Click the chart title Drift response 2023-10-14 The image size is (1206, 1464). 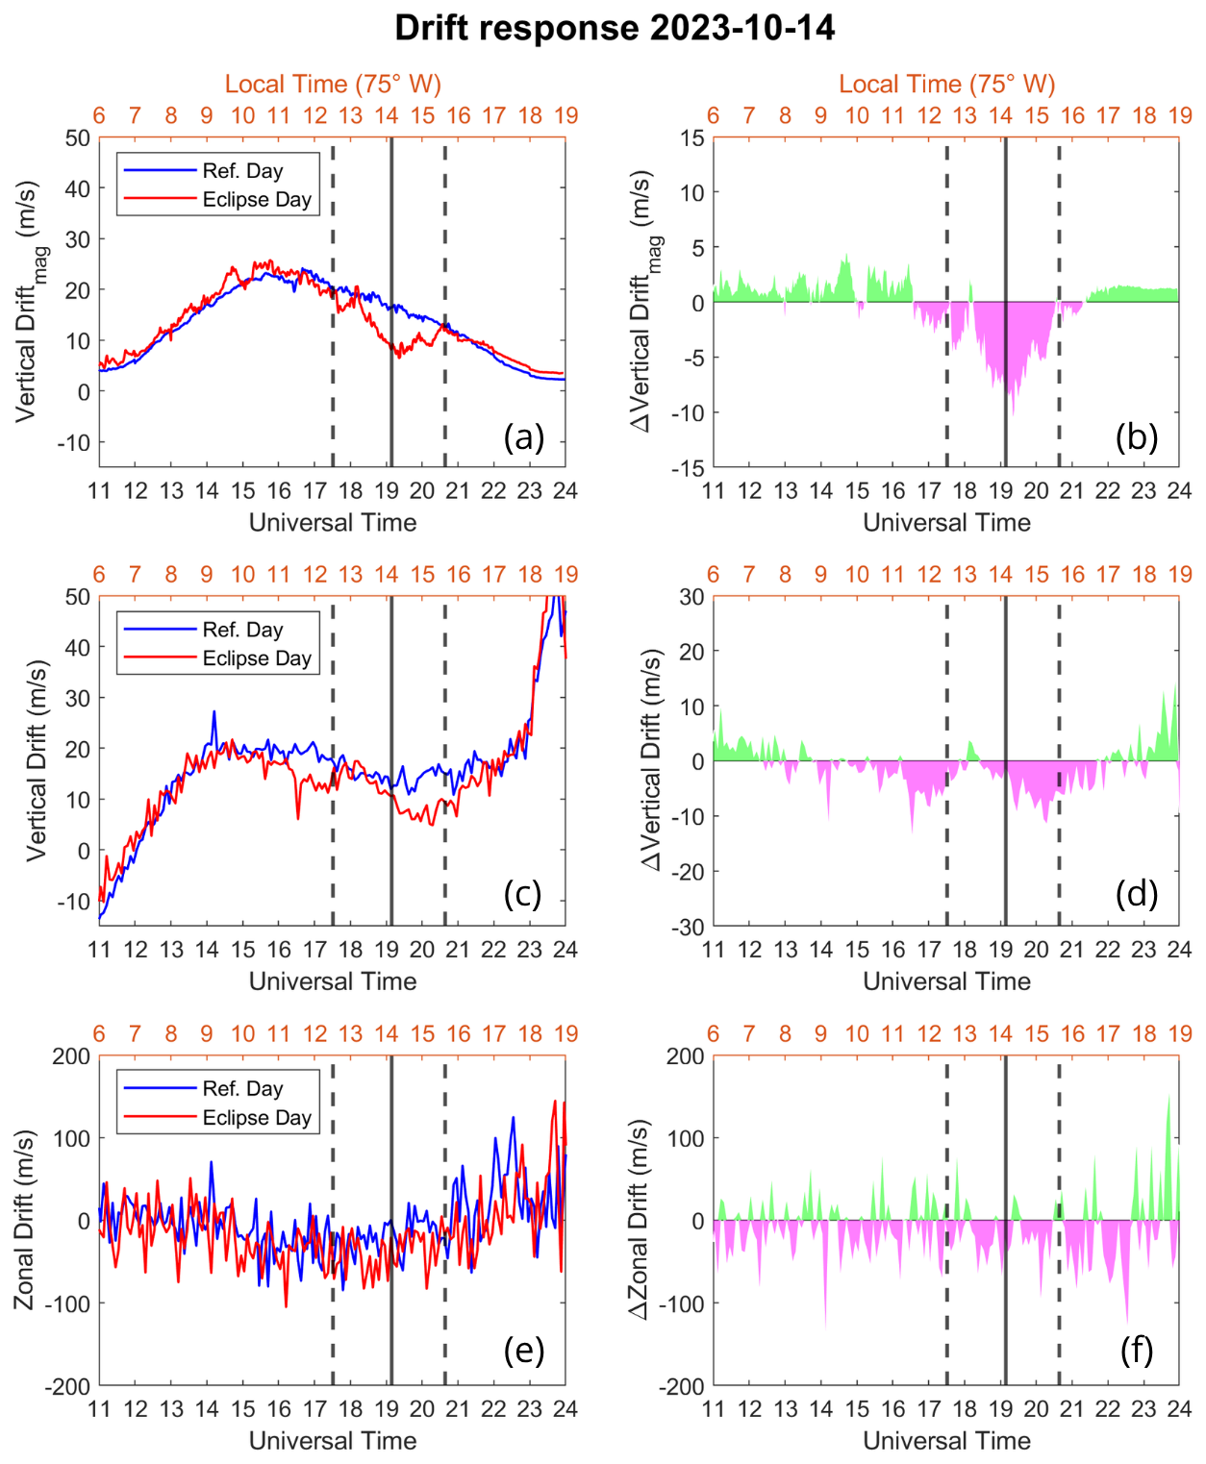615,28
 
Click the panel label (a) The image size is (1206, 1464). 524,437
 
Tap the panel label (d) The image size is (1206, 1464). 1137,894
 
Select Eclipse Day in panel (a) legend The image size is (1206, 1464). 257,200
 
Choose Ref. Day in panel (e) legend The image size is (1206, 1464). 242,1089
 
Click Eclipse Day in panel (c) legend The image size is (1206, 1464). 257,658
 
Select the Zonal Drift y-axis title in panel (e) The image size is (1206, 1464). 25,1220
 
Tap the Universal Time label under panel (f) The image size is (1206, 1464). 946,1440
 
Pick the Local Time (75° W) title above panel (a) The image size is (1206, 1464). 333,85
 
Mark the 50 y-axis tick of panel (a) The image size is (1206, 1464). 78,137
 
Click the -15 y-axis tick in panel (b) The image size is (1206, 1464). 689,468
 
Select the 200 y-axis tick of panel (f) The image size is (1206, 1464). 687,1056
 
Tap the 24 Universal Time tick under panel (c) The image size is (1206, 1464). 565,950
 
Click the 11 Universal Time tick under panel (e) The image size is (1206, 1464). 99,1408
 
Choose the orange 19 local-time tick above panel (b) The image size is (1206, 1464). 1180,116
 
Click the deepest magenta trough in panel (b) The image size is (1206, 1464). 1012,413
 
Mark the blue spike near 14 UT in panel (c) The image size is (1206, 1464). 214,712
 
